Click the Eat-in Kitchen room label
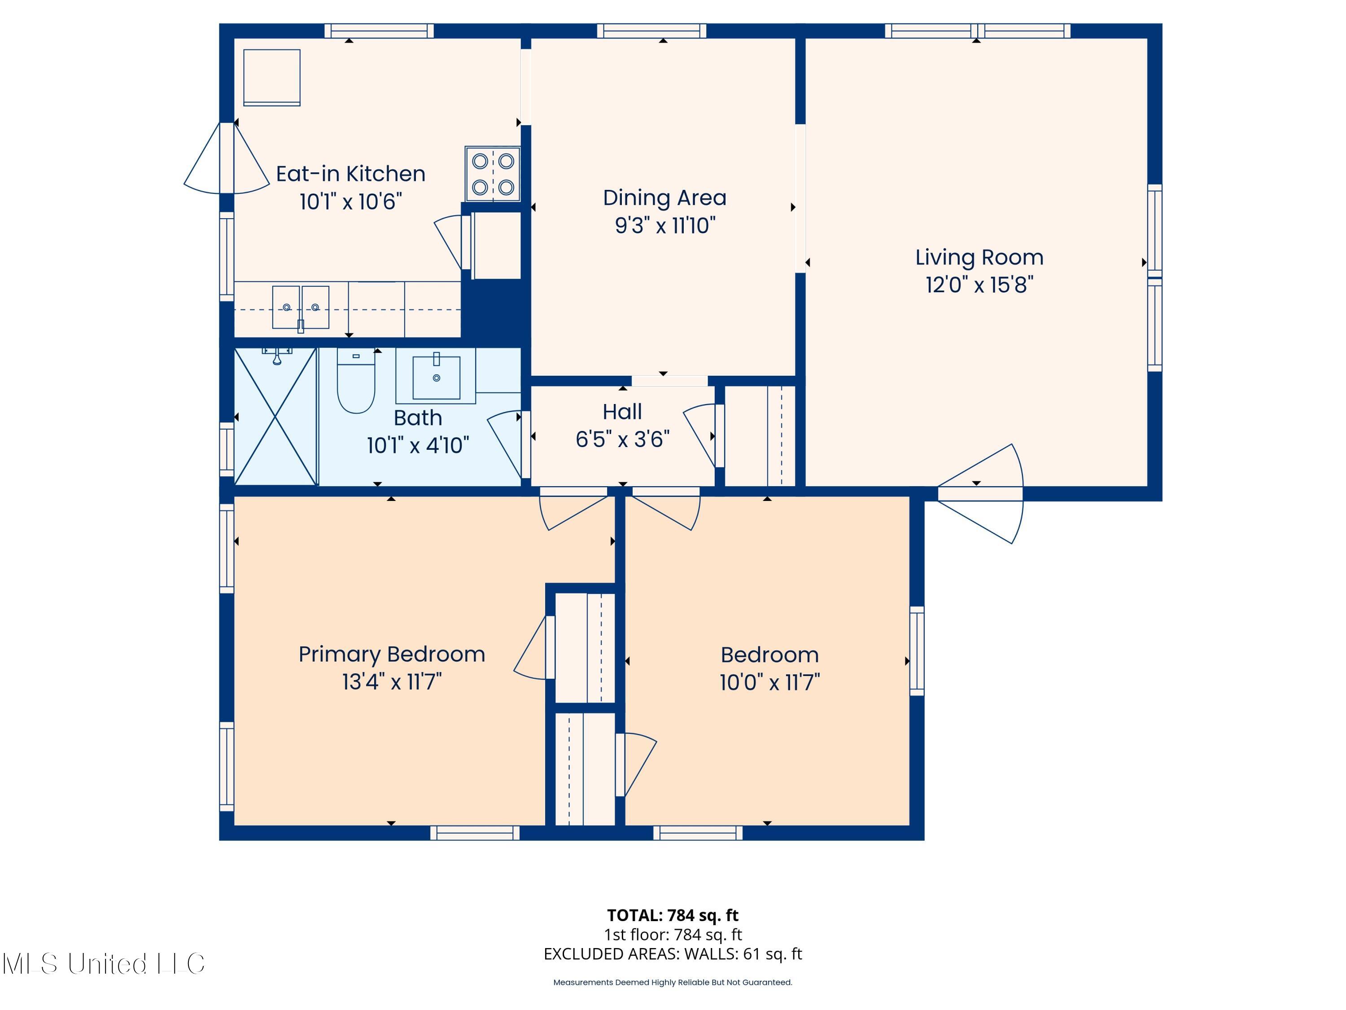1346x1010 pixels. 350,174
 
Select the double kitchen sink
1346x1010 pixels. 301,308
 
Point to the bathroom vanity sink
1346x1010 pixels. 436,378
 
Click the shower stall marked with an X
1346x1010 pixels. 275,417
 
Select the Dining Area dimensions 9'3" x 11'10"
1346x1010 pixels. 664,226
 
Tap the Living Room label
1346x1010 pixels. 979,258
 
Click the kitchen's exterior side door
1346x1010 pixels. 227,158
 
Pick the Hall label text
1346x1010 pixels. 622,412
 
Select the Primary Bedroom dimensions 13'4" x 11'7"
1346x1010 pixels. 391,682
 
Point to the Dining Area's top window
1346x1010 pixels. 651,31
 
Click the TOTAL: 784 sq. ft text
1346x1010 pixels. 673,915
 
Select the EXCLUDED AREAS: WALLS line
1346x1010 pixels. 673,954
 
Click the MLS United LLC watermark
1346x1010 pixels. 104,964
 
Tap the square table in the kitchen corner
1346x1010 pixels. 272,77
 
